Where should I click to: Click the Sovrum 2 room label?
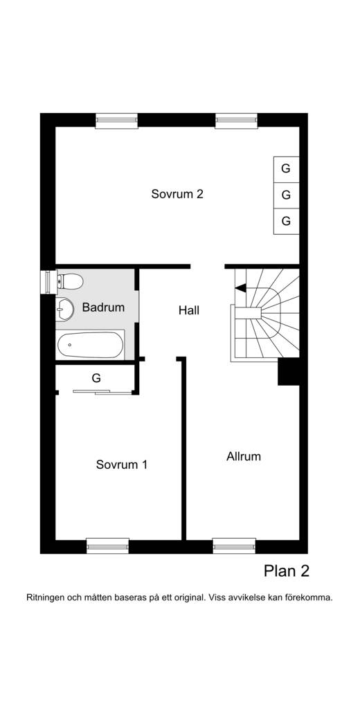[177, 194]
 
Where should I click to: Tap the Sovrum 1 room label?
[121, 465]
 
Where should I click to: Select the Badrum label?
[103, 307]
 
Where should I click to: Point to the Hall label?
[189, 310]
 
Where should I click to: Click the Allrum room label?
[244, 456]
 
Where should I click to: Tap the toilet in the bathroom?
[70, 282]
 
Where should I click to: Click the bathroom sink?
[64, 309]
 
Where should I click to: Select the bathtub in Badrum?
[90, 345]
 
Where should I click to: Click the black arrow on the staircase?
[240, 288]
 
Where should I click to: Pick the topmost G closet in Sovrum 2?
[286, 169]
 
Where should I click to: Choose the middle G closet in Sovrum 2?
[286, 195]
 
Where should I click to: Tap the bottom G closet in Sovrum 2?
[286, 222]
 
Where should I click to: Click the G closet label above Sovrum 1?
[96, 378]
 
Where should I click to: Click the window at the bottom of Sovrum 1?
[108, 546]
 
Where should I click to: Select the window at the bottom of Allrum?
[234, 546]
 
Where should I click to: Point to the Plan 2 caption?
[287, 571]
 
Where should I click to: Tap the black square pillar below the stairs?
[289, 372]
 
